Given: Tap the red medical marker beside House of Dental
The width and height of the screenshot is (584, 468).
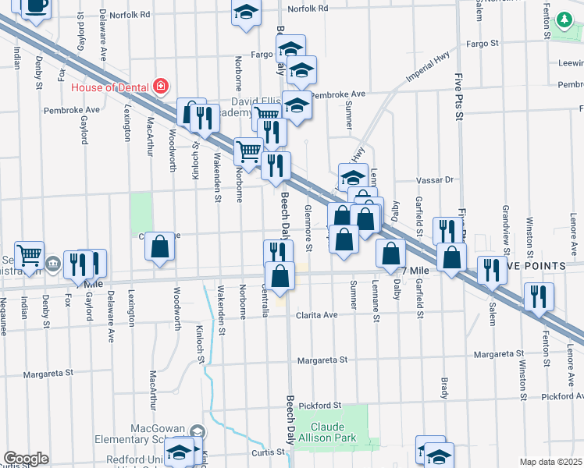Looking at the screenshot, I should [162, 87].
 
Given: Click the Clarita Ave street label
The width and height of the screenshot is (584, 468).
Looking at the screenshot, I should [316, 315].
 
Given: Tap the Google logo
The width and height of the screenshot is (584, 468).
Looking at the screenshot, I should [25, 458].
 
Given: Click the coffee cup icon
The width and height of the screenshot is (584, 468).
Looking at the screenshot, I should [36, 6].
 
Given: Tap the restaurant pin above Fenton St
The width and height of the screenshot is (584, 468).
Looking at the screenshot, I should [538, 296].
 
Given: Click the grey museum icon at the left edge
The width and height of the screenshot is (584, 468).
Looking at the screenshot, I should [52, 263].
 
